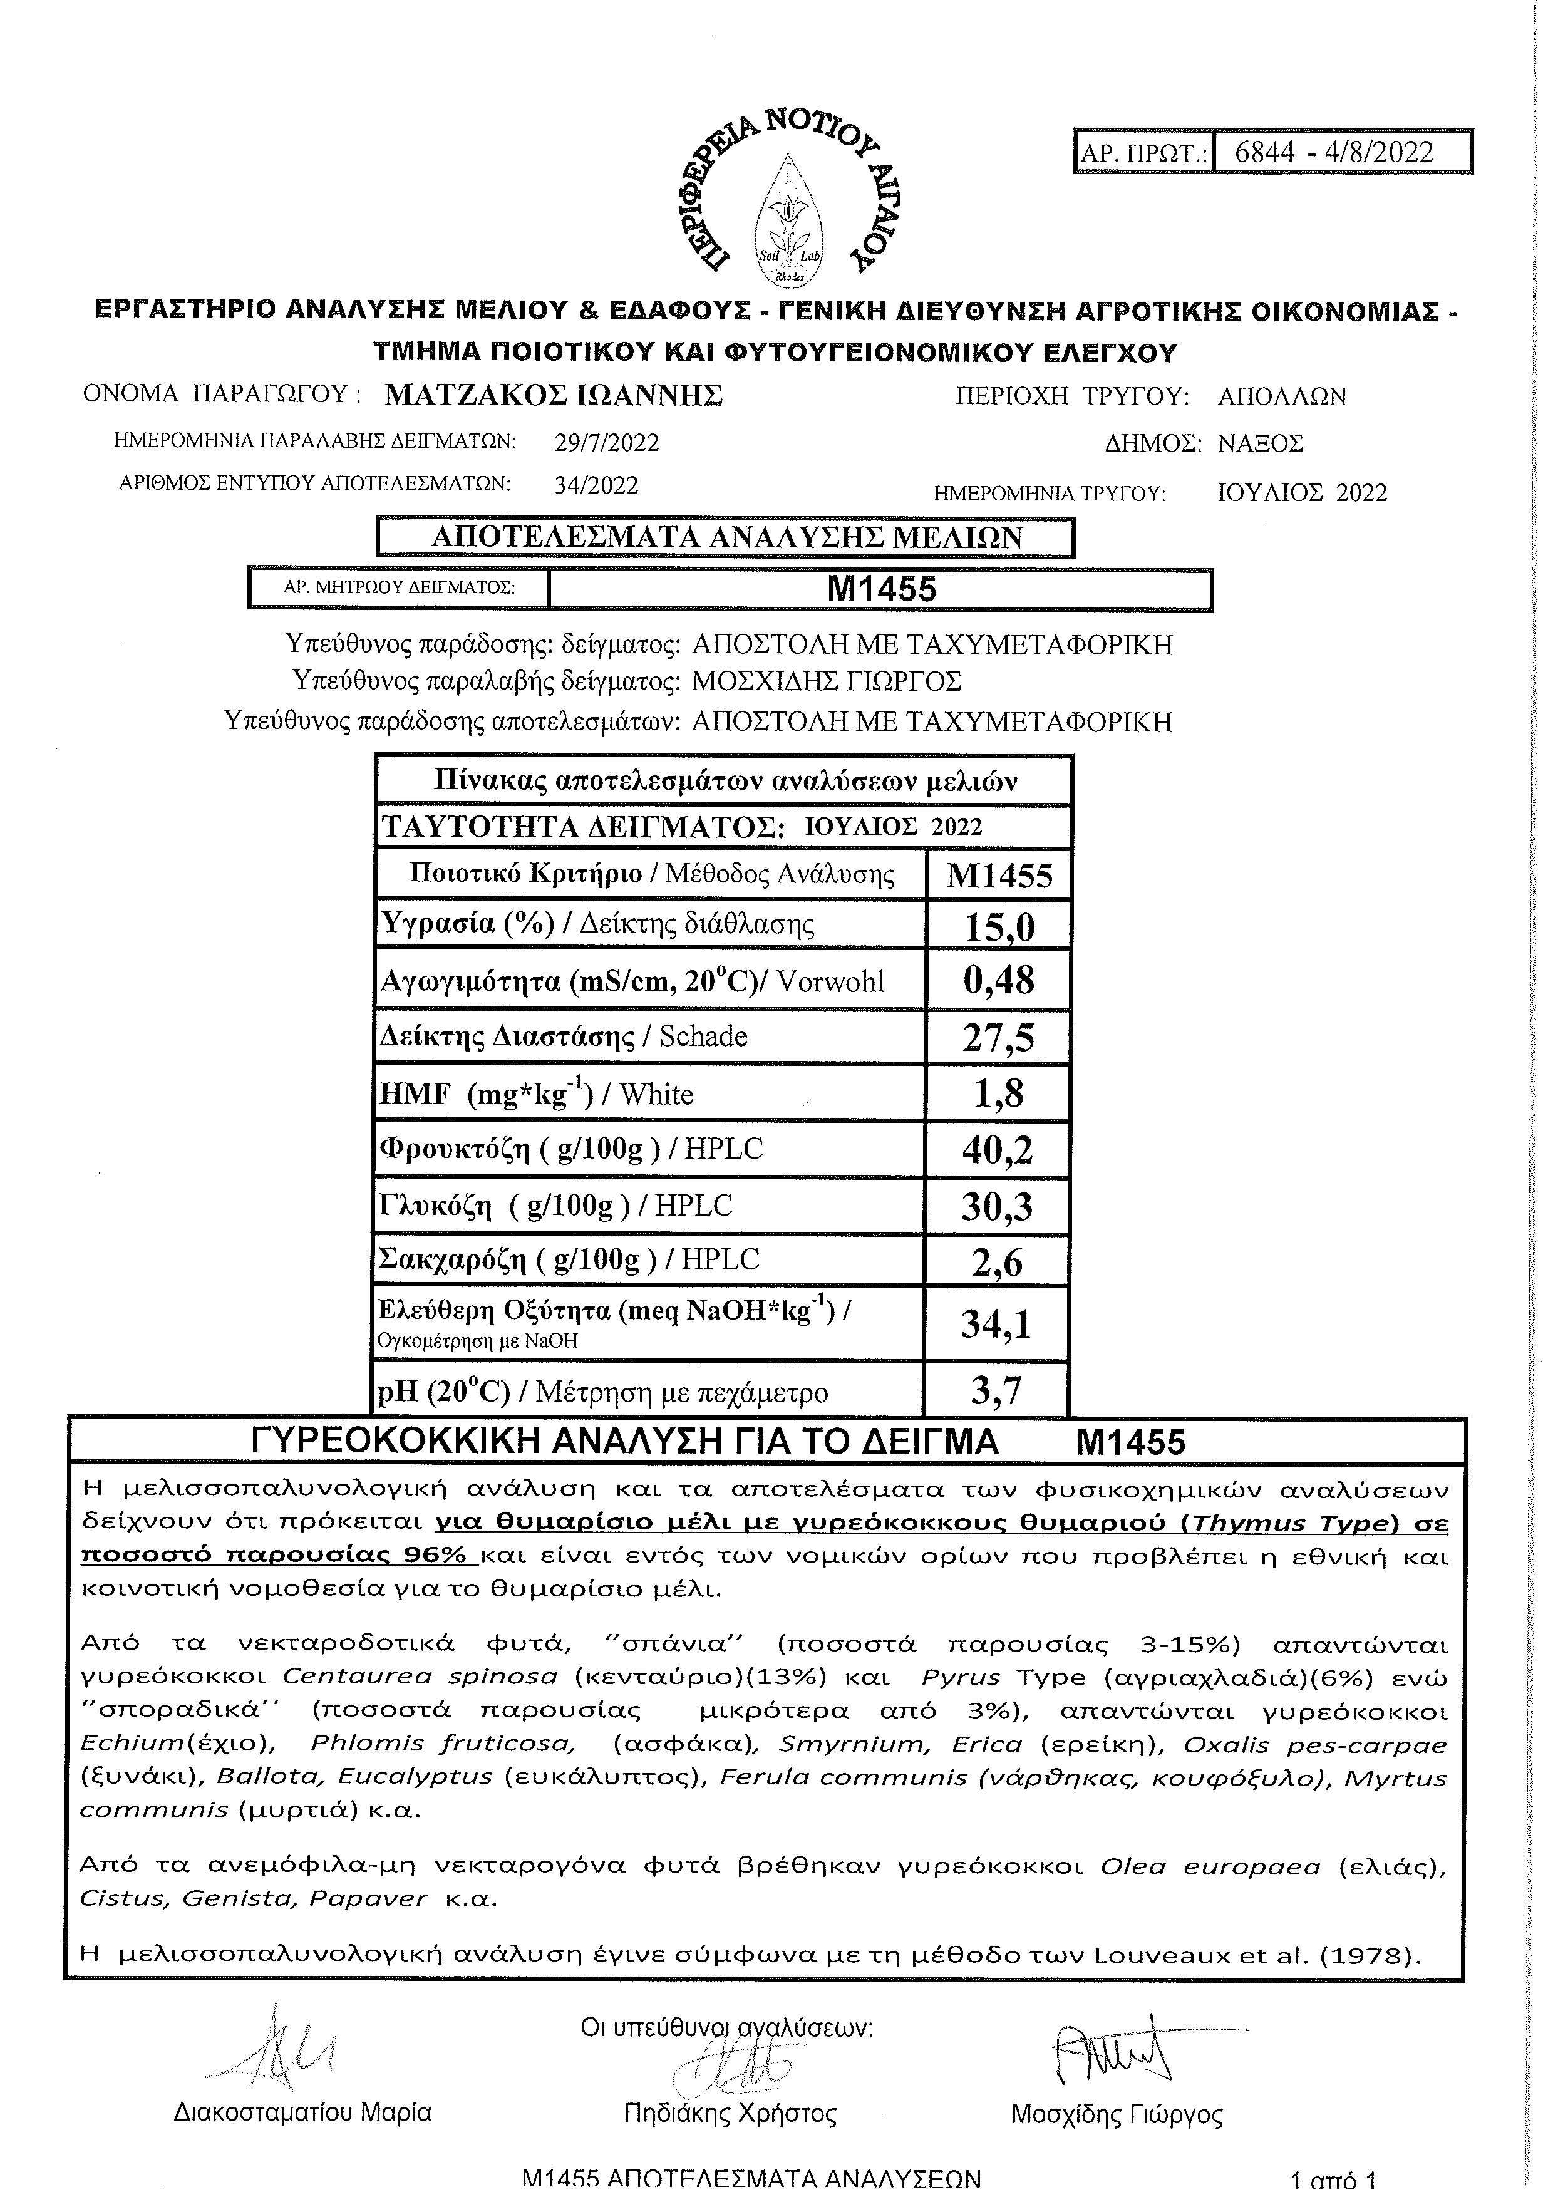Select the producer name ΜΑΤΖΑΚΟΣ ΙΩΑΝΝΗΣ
[553, 395]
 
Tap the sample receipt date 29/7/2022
[607, 443]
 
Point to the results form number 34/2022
[596, 485]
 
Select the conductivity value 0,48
[999, 981]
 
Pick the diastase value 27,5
[999, 1037]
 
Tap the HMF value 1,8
[999, 1093]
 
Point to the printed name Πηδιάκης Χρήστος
[729, 2114]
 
